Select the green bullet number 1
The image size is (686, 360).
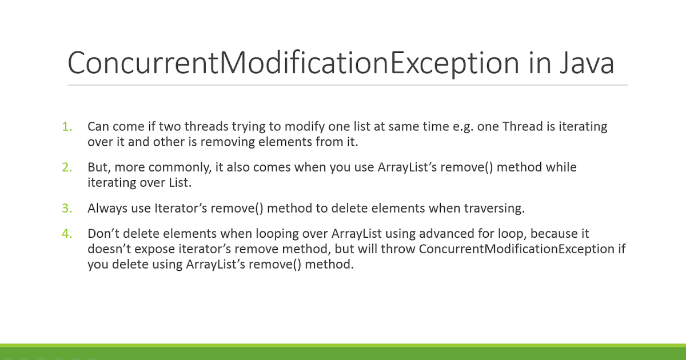[x=67, y=126]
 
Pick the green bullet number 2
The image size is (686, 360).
[x=67, y=167]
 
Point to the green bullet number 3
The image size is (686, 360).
[x=67, y=208]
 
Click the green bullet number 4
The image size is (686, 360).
[x=67, y=234]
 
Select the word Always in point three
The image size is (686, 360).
[x=106, y=208]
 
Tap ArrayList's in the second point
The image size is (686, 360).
[x=406, y=167]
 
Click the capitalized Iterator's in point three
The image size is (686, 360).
[x=181, y=208]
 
